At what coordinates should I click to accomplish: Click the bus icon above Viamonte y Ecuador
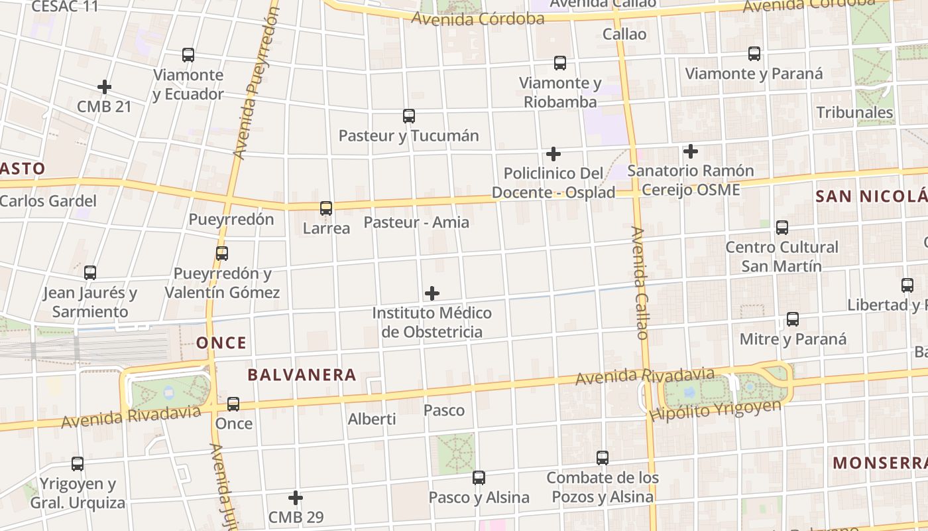(188, 55)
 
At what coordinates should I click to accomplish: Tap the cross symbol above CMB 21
(104, 87)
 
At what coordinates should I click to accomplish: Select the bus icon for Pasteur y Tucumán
(409, 116)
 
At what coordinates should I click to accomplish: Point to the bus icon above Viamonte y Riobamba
(560, 63)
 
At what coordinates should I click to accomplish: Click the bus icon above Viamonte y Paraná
(754, 54)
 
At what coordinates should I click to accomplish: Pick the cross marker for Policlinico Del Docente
(553, 155)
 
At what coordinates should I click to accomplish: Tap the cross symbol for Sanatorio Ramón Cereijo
(691, 151)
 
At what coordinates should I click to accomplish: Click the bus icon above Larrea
(326, 208)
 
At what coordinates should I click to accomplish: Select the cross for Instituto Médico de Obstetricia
(432, 293)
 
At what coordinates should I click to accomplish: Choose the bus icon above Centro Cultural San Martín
(782, 228)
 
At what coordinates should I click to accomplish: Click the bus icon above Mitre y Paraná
(793, 319)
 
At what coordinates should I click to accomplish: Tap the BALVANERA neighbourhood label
(302, 375)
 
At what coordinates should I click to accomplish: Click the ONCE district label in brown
(221, 343)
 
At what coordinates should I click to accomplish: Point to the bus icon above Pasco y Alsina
(479, 477)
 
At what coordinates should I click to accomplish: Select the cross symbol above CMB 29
(296, 497)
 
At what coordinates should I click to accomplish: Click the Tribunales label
(854, 112)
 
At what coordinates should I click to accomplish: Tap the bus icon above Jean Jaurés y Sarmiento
(90, 272)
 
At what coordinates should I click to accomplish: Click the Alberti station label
(372, 419)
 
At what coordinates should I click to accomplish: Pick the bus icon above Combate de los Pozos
(603, 458)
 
